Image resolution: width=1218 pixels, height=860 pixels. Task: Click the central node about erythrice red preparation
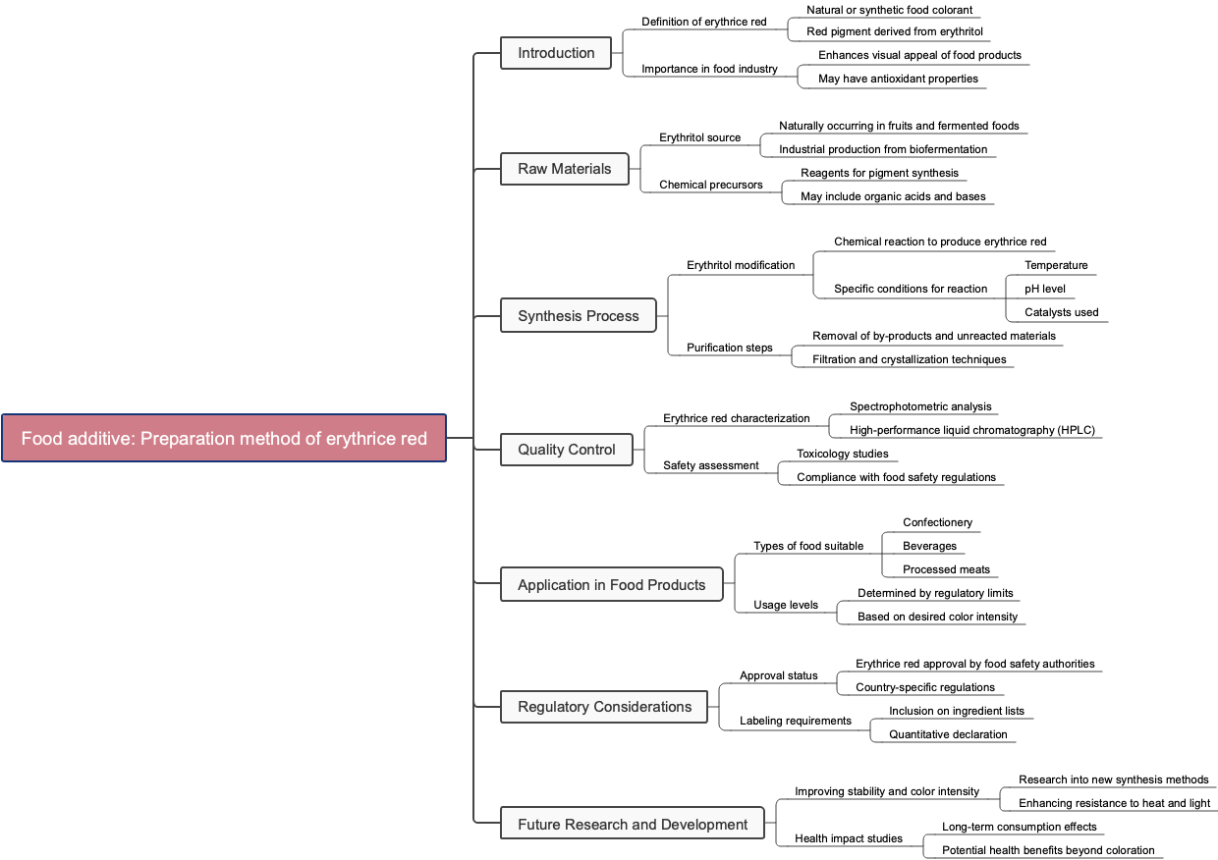(x=224, y=438)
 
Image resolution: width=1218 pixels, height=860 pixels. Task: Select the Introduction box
(x=556, y=53)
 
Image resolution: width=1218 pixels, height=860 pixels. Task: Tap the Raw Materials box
(x=564, y=169)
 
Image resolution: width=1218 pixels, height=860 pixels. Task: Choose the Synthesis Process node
(x=578, y=316)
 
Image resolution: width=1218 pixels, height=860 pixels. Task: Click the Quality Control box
(x=566, y=450)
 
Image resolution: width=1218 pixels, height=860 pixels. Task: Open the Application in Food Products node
(x=611, y=585)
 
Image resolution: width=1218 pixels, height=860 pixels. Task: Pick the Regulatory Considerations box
(x=604, y=707)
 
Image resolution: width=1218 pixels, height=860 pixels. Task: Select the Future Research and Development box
(x=632, y=825)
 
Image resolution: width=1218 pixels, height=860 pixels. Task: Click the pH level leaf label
(x=1044, y=289)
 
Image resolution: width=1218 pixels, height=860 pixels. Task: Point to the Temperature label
(x=1056, y=265)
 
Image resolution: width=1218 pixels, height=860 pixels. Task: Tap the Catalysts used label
(x=1061, y=312)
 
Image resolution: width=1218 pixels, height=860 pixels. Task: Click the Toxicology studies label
(x=842, y=454)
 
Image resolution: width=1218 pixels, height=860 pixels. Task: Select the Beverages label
(x=929, y=546)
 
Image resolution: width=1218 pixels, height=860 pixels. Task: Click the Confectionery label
(x=937, y=522)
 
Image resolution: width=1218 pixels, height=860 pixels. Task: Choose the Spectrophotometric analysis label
(x=920, y=406)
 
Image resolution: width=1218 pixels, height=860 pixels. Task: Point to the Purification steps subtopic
(x=729, y=348)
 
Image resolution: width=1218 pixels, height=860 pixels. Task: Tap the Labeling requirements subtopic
(x=795, y=721)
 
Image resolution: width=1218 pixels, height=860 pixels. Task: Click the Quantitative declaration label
(x=948, y=734)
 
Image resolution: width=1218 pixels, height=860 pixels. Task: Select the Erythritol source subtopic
(x=699, y=137)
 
